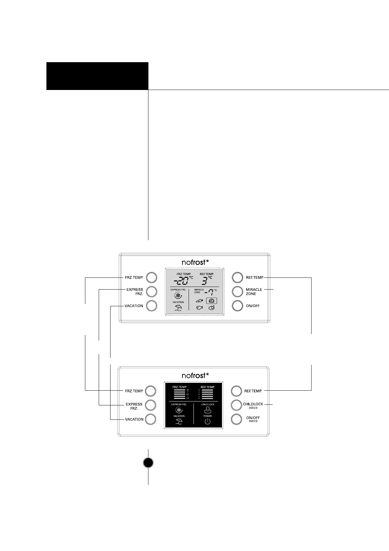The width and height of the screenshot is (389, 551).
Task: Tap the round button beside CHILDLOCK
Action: (236, 405)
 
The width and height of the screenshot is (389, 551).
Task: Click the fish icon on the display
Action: (199, 308)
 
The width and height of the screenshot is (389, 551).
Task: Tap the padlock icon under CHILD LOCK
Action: (207, 410)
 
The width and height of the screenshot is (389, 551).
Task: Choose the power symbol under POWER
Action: (207, 421)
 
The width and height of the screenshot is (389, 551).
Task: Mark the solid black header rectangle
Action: (97, 76)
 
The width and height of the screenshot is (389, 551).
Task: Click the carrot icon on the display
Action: (199, 301)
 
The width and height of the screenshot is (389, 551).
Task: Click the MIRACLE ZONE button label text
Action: (254, 292)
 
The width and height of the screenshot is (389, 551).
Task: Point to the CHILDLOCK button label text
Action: (253, 404)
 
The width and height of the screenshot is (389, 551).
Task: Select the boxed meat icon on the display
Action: (211, 301)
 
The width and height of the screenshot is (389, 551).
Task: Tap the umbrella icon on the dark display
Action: (179, 421)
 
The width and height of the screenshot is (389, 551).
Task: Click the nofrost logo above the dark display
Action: (195, 375)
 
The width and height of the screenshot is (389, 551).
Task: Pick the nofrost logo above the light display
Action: (195, 262)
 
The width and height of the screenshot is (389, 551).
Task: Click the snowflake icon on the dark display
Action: (179, 410)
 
